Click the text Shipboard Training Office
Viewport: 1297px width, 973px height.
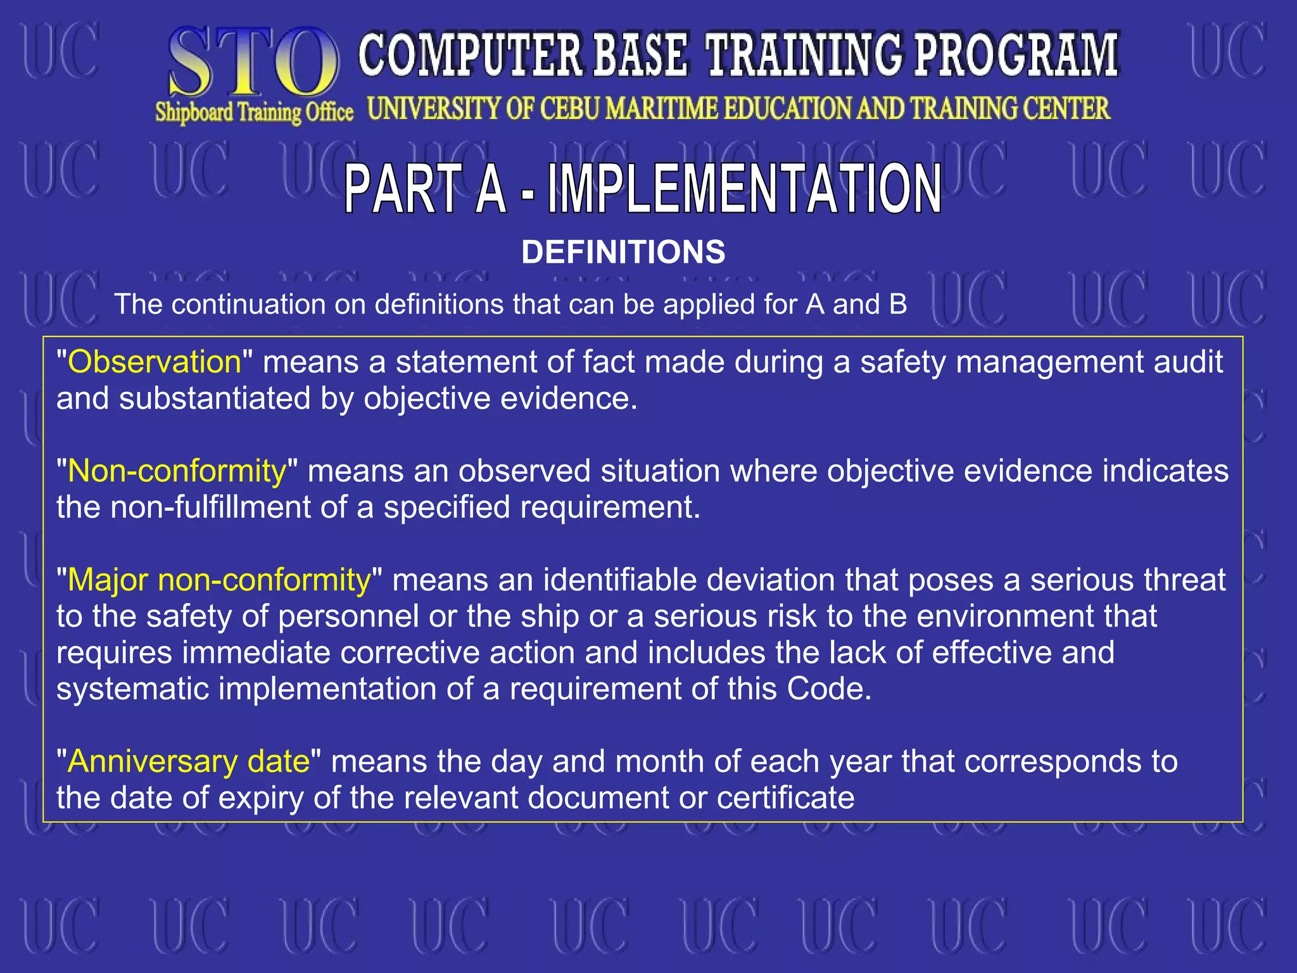pos(254,113)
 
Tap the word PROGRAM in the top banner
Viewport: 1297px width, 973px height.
pos(1016,56)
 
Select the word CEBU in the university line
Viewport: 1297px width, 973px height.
pos(569,108)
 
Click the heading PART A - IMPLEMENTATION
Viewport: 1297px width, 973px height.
pos(642,189)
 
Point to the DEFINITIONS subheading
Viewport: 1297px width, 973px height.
pos(623,252)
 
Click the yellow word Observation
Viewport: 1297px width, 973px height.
pos(155,362)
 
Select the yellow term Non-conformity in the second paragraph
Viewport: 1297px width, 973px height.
pos(177,471)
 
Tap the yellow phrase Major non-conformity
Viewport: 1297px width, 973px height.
pos(218,580)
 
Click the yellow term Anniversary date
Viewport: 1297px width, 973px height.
pos(189,761)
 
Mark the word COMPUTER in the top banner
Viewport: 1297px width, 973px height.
pos(470,56)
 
